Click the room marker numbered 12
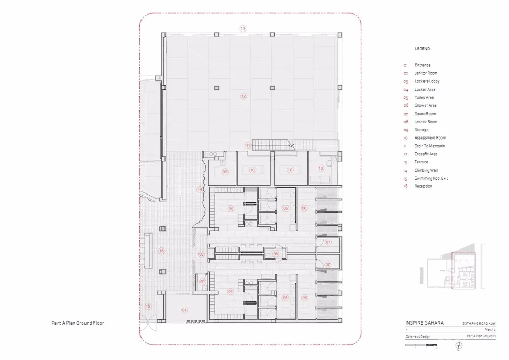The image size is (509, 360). pos(244,96)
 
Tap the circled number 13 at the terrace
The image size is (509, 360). pos(243,29)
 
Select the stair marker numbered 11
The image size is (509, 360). pos(248,145)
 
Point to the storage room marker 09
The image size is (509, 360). pos(225,172)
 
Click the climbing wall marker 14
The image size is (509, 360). pos(201,190)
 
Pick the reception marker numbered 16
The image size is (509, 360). pos(161,251)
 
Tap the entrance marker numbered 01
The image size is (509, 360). pos(185,309)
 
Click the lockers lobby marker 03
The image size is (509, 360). pos(201,254)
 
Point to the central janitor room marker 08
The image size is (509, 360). pos(275,253)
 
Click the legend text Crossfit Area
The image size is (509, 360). pos(426,154)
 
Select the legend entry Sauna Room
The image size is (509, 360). pos(425,114)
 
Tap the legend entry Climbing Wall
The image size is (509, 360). pos(426,170)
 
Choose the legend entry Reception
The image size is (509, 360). pos(423,186)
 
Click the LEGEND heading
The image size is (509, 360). pos(423,49)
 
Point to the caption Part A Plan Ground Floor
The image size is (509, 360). pos(77,323)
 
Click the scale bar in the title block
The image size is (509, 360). pos(422,346)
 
